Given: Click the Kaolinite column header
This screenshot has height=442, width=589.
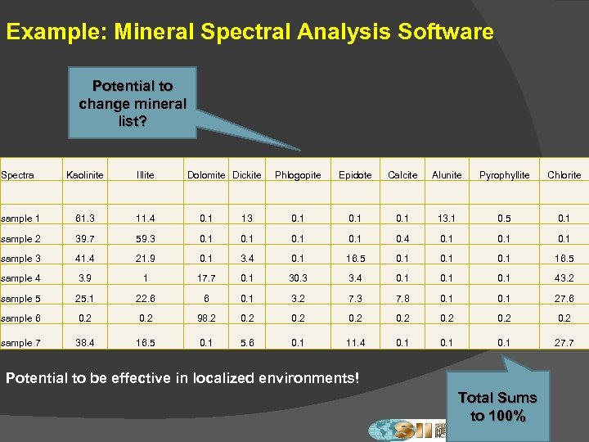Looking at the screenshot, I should tap(84, 175).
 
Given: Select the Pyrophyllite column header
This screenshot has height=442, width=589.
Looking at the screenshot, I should tap(505, 175).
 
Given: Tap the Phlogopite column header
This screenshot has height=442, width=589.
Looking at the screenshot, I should tap(298, 175).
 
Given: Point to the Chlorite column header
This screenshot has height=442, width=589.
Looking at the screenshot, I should tap(564, 175).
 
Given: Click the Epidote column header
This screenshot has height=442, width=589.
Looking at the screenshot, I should tap(355, 175).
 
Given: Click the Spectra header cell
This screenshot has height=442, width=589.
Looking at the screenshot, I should tap(17, 175).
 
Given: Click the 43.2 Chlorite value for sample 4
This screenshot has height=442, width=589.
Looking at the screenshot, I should tap(564, 278).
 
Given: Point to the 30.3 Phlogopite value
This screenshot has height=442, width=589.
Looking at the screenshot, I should tap(298, 278).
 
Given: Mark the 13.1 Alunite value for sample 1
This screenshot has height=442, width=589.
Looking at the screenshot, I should tap(447, 219).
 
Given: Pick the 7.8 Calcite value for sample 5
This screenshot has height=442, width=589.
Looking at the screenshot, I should tap(402, 299).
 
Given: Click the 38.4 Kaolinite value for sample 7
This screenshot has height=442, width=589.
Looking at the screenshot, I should tap(84, 343).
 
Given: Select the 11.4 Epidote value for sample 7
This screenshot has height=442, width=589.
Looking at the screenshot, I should tap(355, 343).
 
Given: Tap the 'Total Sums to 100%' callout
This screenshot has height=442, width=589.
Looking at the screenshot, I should tap(497, 406).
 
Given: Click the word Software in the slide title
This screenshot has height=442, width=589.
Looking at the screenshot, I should tap(443, 33).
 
